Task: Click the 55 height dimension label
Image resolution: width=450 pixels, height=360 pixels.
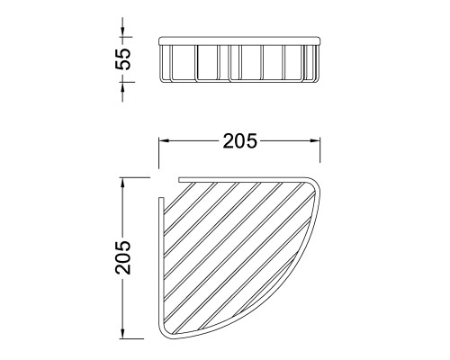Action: pos(123,59)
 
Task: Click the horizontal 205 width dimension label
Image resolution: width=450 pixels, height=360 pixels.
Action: pos(240,141)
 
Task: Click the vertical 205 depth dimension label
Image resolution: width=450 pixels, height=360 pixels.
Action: pos(123,257)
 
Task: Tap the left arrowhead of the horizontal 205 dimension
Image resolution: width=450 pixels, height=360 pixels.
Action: pos(165,140)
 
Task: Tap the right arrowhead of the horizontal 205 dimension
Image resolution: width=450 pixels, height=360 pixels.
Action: pos(315,140)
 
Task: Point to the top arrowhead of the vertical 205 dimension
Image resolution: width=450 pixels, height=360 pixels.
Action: pos(122,184)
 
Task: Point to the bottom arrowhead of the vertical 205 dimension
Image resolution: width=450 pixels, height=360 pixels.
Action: pos(122,333)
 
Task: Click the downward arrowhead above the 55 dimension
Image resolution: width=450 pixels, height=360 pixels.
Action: pos(122,31)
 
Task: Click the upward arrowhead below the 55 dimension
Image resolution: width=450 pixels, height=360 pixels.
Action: pos(122,86)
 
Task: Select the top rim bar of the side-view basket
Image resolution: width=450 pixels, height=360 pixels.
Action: pos(240,40)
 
